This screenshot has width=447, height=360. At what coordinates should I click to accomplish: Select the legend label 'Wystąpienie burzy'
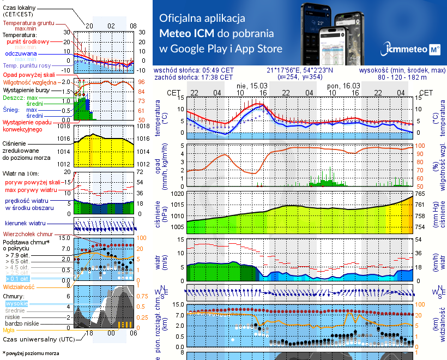[27, 89]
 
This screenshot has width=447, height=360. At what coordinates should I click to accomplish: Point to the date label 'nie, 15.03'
[252, 86]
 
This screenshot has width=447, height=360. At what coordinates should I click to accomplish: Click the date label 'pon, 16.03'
[343, 86]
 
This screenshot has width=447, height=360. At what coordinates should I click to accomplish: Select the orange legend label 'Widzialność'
[19, 286]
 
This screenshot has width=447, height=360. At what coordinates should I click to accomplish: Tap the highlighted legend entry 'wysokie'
[16, 303]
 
